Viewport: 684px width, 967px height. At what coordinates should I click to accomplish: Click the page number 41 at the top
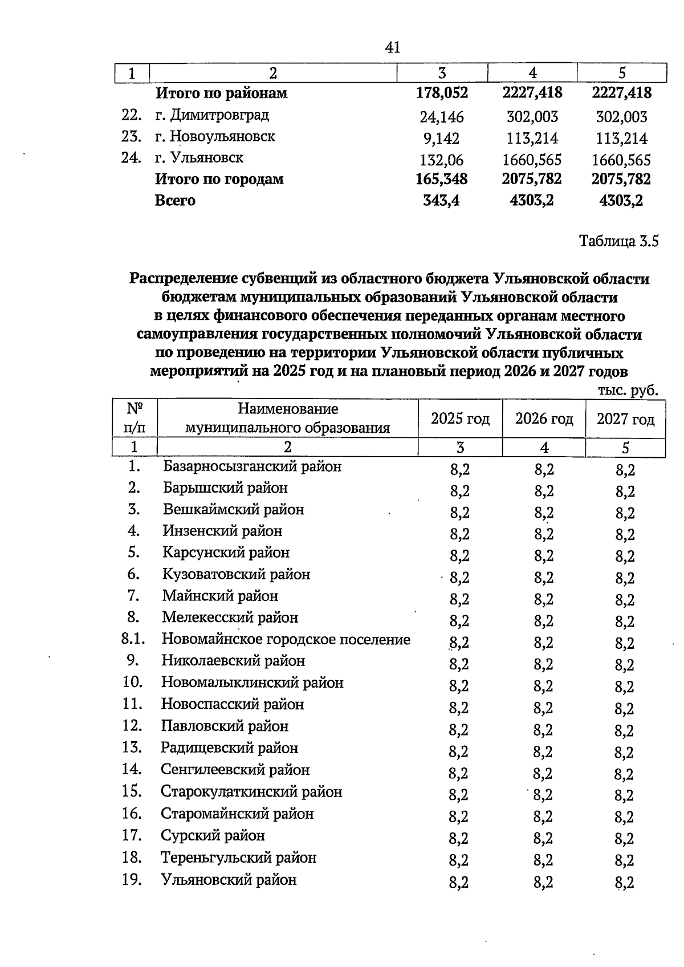coord(393,47)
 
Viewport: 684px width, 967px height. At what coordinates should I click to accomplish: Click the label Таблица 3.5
coord(618,241)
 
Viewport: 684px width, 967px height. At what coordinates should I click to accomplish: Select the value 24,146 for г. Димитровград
coord(442,117)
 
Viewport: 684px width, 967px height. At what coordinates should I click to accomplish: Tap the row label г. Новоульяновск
coord(215,137)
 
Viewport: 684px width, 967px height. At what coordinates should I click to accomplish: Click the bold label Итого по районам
coord(222,93)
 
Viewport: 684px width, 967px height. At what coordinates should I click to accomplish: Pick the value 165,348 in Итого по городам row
coord(442,179)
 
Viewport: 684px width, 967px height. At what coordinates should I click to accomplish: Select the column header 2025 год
coord(460,419)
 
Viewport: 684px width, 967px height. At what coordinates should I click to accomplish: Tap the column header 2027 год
coord(625,419)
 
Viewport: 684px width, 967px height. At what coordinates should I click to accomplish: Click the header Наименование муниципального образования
coord(288,419)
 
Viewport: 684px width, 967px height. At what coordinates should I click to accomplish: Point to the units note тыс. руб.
coord(628,391)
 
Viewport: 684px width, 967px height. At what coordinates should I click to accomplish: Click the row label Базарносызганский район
coord(253,466)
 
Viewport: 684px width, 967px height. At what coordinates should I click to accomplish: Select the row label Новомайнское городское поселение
coord(286,639)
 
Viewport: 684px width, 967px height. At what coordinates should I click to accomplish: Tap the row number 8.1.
coord(133,639)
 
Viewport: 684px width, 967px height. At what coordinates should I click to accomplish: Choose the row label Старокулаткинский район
coord(251,791)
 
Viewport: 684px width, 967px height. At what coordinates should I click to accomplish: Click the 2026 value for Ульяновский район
coord(543,883)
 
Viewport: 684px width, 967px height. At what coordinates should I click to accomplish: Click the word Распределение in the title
coord(183,279)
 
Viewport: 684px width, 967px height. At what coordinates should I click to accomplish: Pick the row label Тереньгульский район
coord(238,858)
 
